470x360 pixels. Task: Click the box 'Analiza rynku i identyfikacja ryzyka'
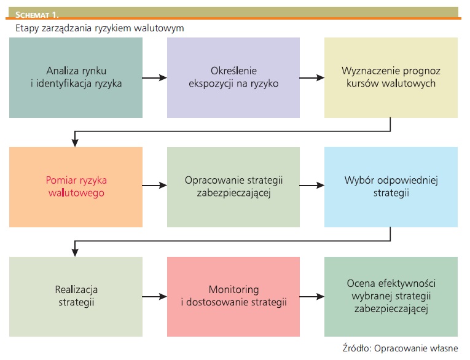[76, 77]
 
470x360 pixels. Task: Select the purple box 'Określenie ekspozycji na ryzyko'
[233, 77]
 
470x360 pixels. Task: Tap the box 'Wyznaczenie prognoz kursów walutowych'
[391, 77]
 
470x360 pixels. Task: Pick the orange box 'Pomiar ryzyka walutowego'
[76, 187]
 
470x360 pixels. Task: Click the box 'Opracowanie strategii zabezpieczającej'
[233, 187]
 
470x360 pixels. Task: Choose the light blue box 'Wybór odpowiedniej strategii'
[391, 187]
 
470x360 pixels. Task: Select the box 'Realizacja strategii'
[76, 297]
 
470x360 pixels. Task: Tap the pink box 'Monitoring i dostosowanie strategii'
[233, 297]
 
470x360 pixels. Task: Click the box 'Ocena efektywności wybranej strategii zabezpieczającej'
[391, 297]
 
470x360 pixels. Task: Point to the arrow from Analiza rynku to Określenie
[155, 78]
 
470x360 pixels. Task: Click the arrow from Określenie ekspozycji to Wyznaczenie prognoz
[312, 78]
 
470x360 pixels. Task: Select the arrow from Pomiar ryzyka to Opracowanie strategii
[155, 186]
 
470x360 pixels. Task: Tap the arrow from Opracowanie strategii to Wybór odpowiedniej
[312, 186]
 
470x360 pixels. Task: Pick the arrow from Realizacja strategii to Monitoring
[155, 297]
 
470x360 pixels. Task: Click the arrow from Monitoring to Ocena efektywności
[312, 297]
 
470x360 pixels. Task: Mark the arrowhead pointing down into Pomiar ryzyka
[75, 143]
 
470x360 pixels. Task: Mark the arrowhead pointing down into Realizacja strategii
[75, 252]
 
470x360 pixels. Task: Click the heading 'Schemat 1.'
[37, 15]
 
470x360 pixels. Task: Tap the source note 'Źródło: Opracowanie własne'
[401, 348]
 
